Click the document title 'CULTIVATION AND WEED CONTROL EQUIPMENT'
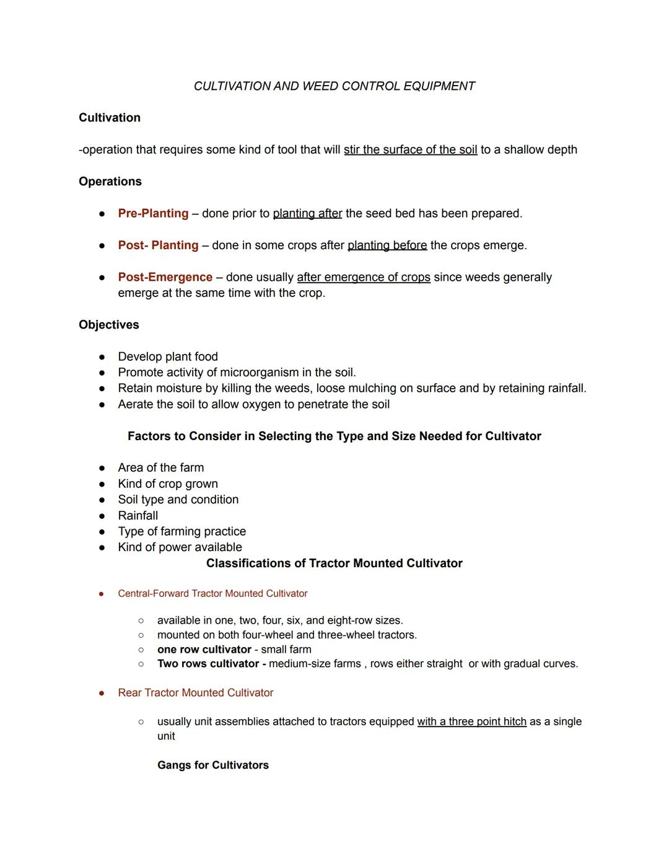(x=334, y=86)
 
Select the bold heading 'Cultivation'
(x=110, y=118)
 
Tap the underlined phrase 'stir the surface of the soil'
(x=410, y=150)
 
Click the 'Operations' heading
(x=110, y=182)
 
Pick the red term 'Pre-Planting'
(x=153, y=213)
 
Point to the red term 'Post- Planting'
(x=158, y=245)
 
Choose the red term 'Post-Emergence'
(x=165, y=277)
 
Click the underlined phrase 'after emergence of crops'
(x=363, y=277)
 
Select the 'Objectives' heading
(x=109, y=325)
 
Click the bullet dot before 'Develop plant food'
(x=102, y=357)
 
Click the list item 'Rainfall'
(x=138, y=516)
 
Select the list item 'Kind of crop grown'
(x=168, y=484)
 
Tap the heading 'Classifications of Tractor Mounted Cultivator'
(x=334, y=563)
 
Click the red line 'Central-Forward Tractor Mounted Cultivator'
(x=212, y=594)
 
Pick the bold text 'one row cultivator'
(x=204, y=650)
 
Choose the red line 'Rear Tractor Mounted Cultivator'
(x=195, y=693)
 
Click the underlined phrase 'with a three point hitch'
(x=471, y=722)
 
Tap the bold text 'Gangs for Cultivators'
(x=213, y=766)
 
